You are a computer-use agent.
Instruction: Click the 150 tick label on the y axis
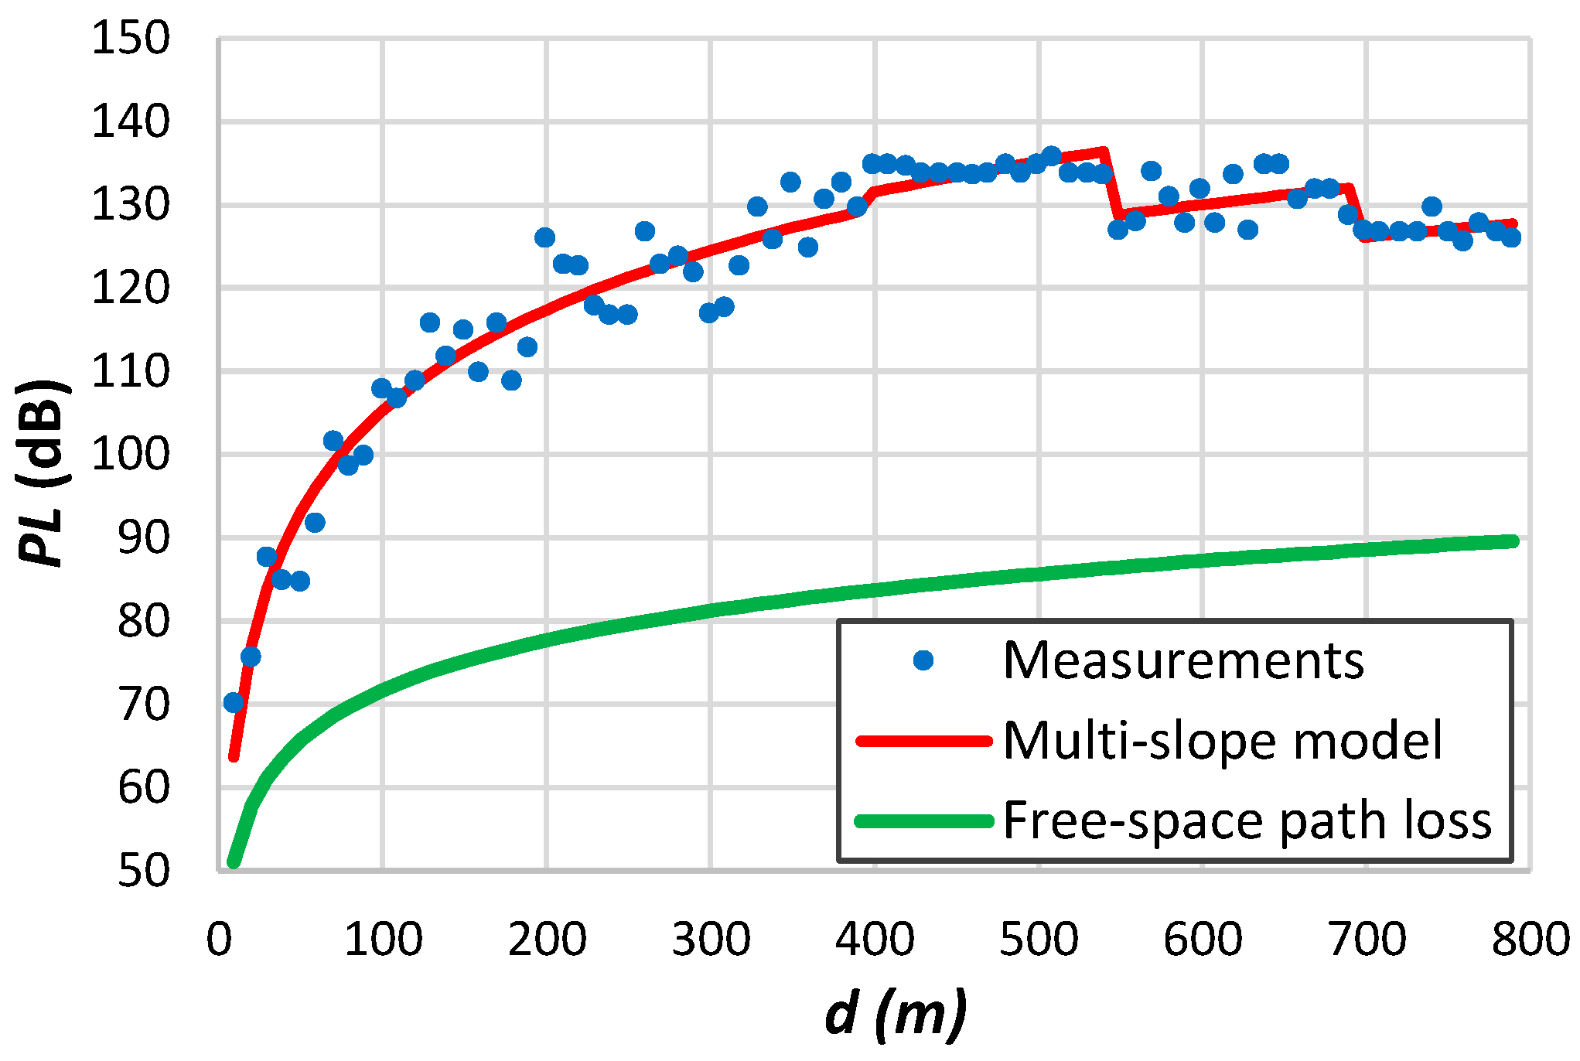point(130,38)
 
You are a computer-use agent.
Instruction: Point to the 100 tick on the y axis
point(130,454)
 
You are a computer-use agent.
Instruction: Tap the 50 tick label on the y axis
point(143,870)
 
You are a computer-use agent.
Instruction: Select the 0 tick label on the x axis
point(219,940)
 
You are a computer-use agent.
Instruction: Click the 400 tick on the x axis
point(875,940)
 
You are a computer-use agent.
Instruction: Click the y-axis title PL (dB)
point(43,473)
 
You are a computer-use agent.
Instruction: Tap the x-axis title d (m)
point(896,1014)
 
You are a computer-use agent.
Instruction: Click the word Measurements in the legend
point(1183,661)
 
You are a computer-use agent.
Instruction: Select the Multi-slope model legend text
point(1223,741)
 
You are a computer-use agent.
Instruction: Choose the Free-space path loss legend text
point(1247,820)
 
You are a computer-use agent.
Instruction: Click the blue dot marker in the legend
point(923,660)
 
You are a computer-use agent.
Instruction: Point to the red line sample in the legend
point(923,741)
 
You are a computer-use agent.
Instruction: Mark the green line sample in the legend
point(923,821)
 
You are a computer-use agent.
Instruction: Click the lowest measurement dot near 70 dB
point(234,702)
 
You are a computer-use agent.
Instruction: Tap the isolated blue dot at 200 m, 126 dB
point(544,237)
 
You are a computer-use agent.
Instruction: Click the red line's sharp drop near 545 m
point(1111,186)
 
